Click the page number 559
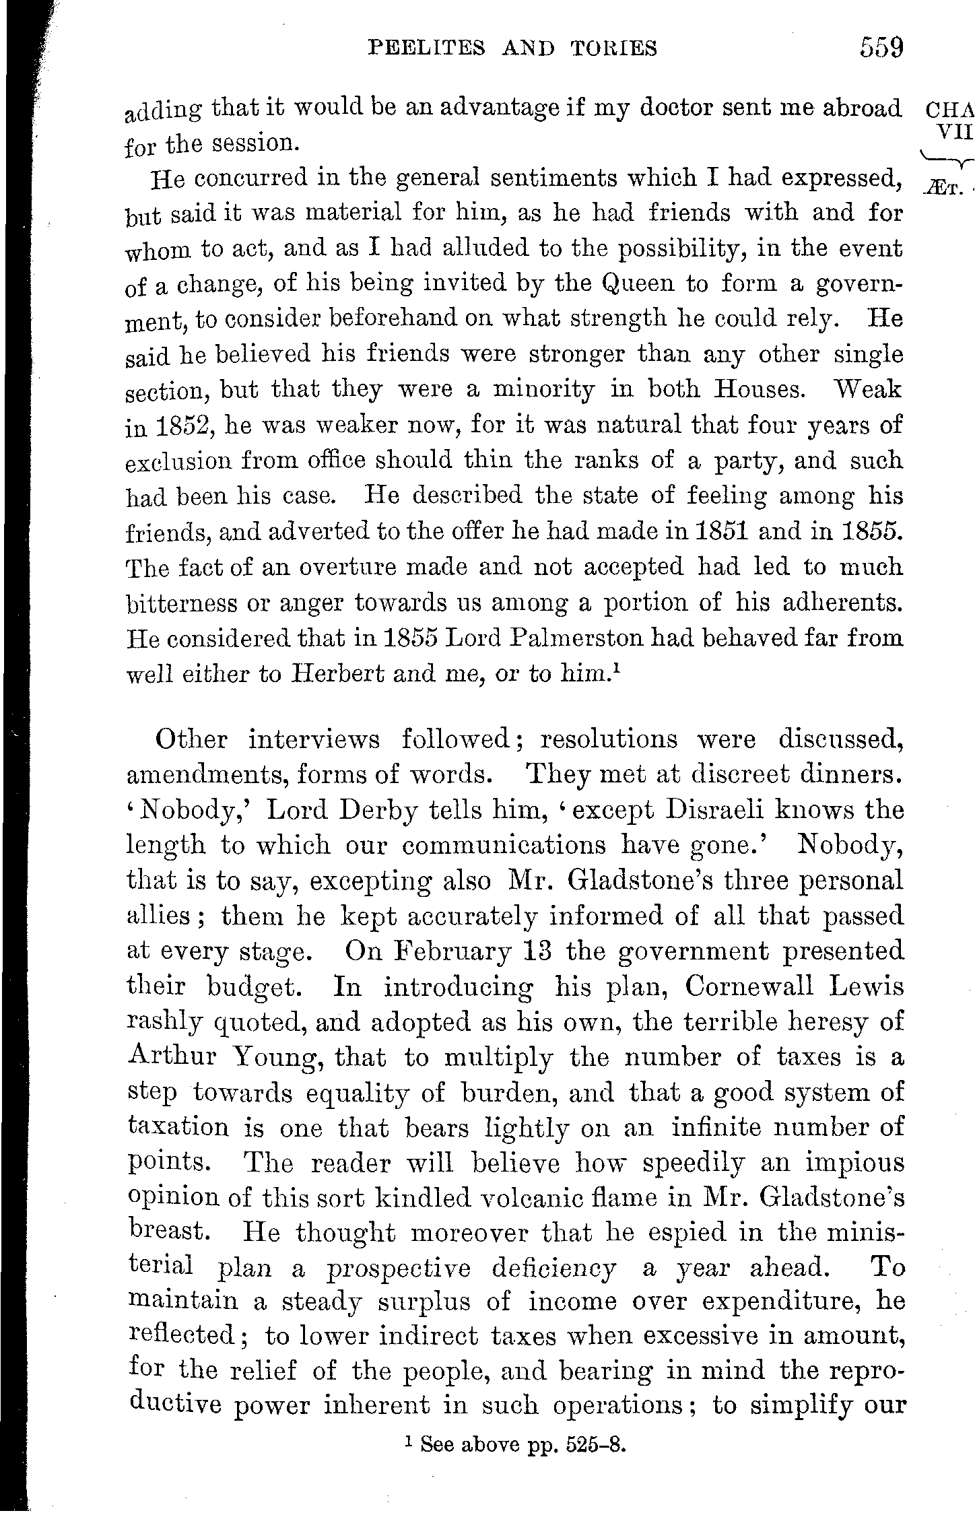tap(880, 48)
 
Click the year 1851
tap(708, 532)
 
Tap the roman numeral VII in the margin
tap(956, 132)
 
